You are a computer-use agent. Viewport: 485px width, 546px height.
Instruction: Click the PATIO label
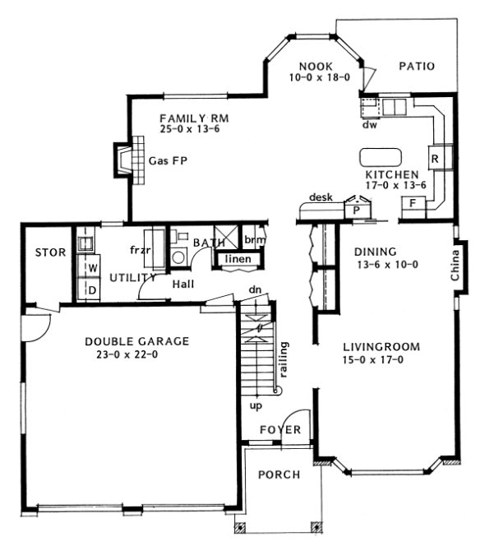point(417,66)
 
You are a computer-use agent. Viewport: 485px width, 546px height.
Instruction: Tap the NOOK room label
point(316,66)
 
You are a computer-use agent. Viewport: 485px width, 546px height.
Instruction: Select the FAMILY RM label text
point(194,118)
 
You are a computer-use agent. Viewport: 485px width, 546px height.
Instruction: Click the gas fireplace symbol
point(121,160)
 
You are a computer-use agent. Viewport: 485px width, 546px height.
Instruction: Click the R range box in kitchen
point(435,156)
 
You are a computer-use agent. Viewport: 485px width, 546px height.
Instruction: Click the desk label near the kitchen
point(321,197)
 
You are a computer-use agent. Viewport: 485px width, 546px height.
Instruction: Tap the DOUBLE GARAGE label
point(137,340)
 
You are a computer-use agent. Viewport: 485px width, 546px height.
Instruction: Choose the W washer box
point(93,267)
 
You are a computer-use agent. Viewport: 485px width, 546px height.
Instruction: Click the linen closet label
point(238,260)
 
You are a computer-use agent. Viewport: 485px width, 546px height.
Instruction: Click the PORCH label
point(279,474)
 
